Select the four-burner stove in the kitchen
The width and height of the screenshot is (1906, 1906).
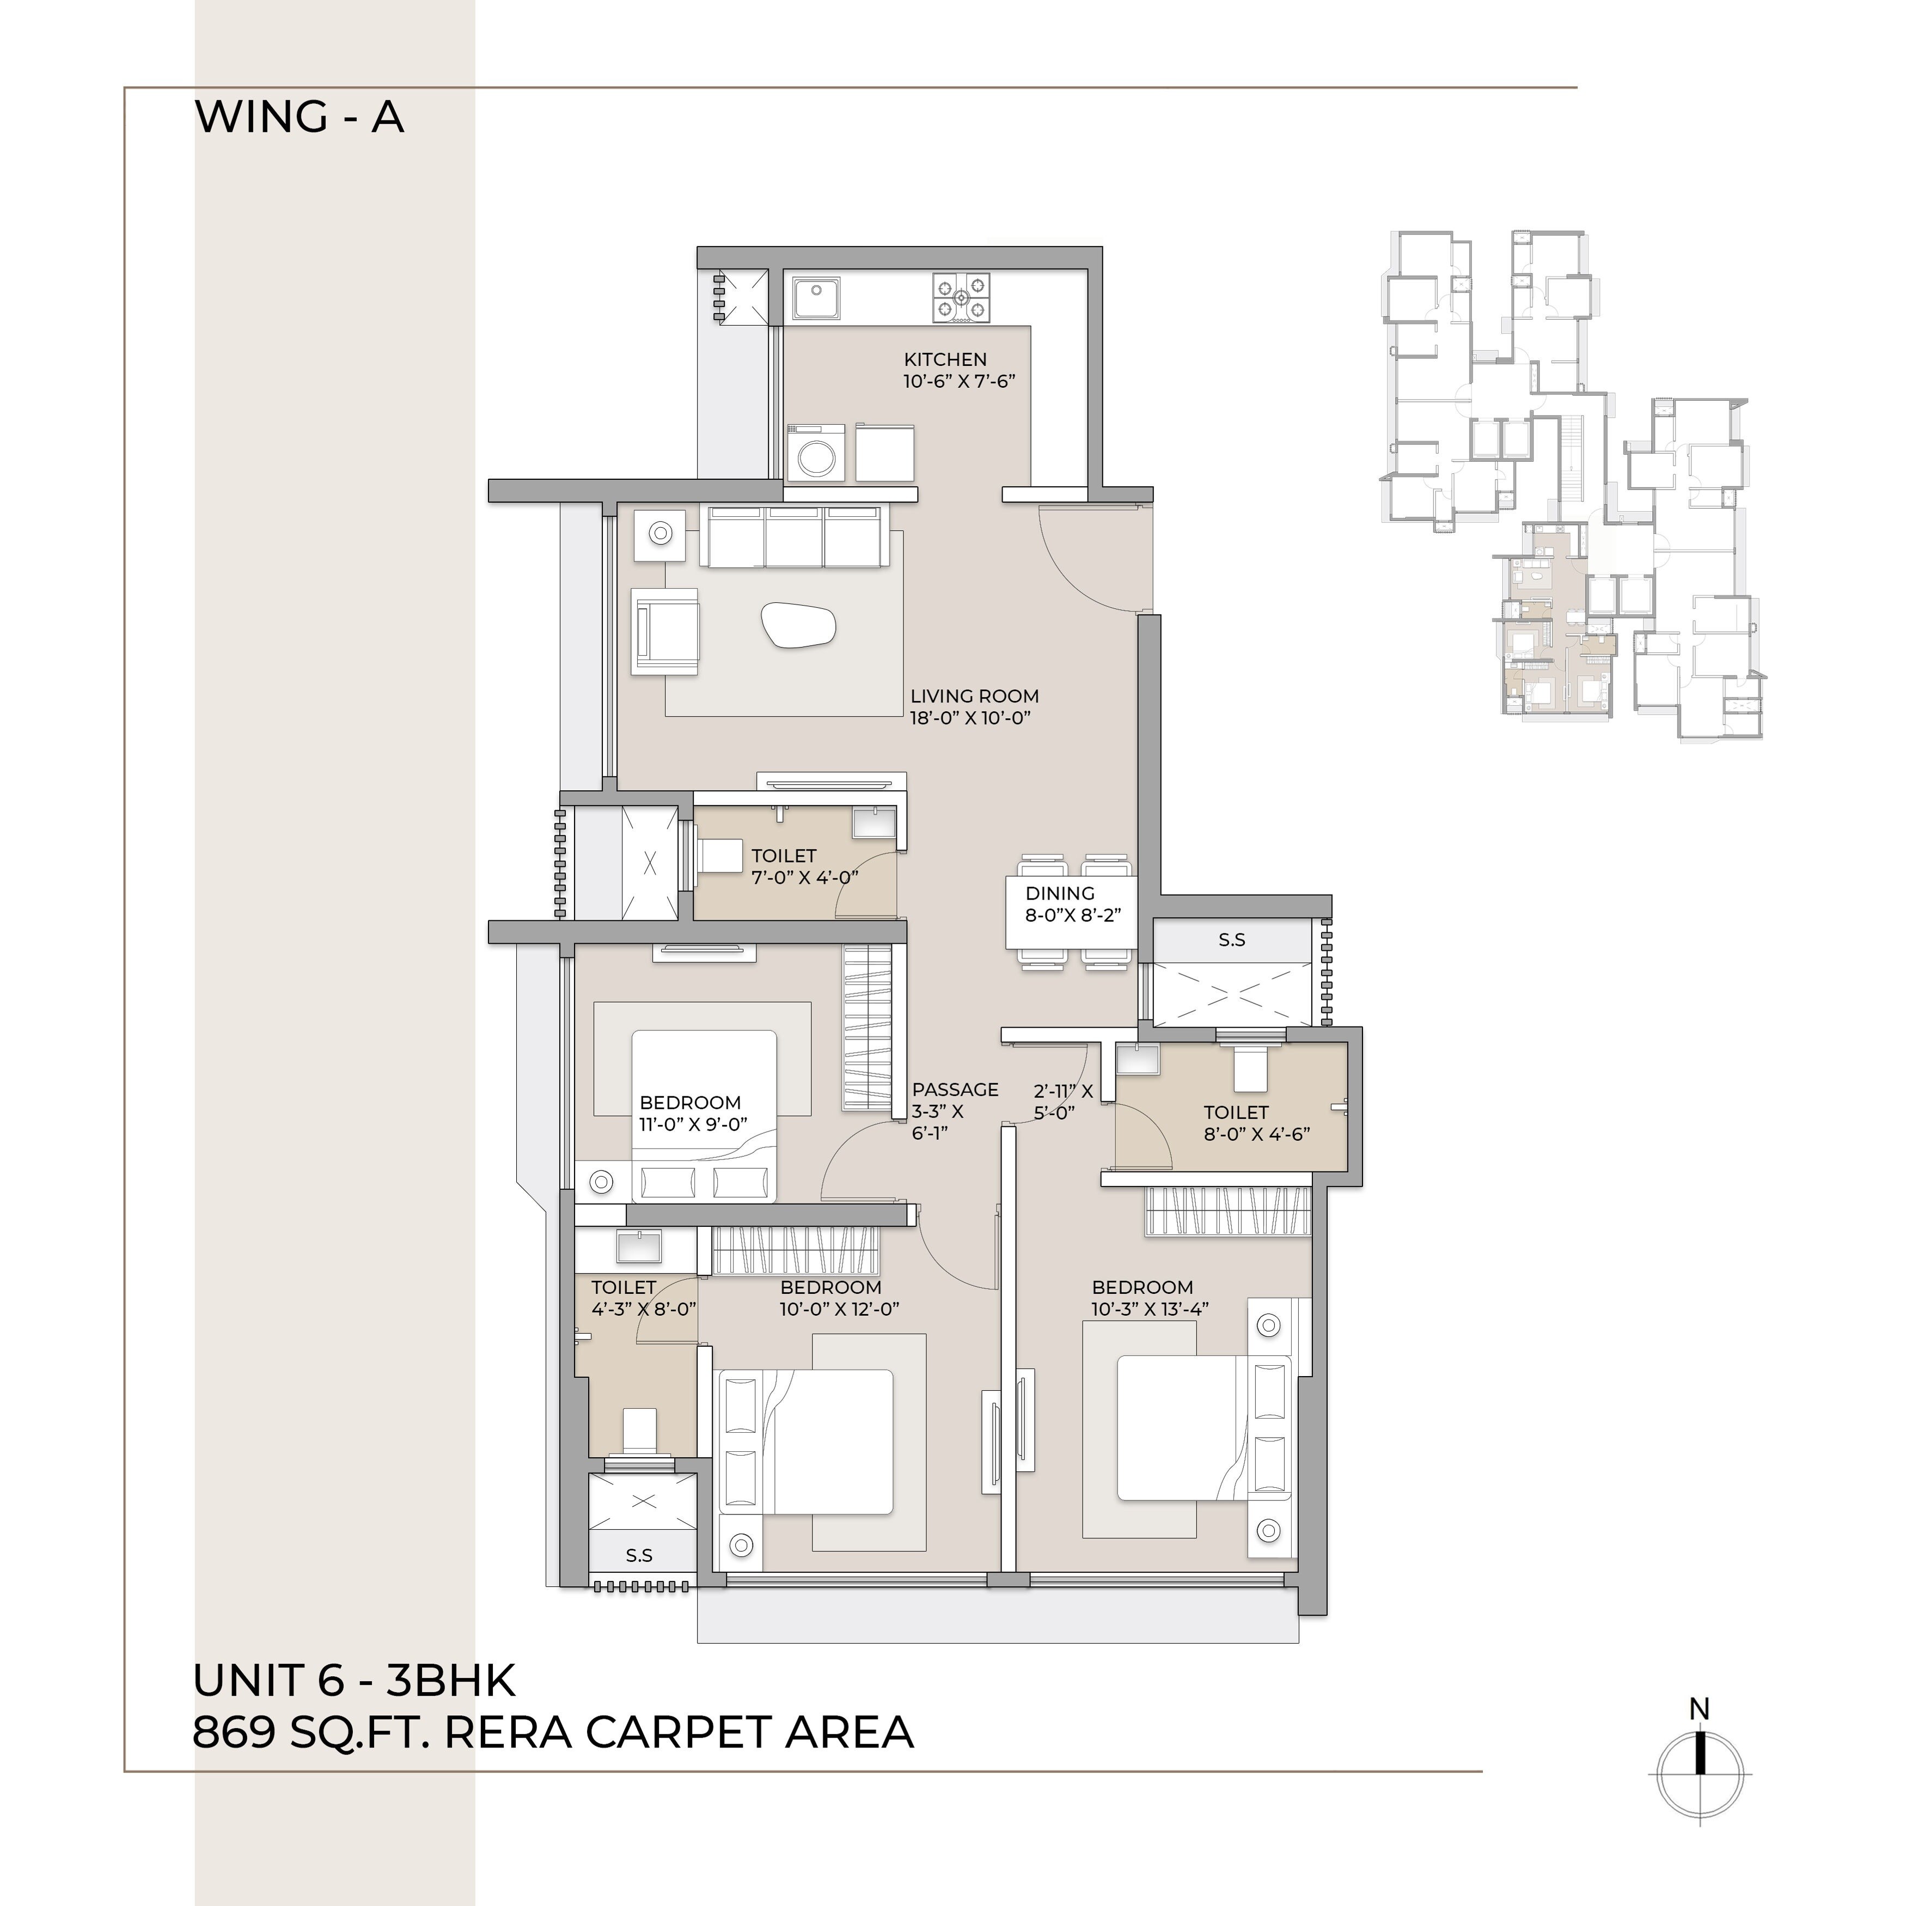click(x=961, y=298)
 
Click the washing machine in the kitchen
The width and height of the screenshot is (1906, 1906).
click(x=816, y=454)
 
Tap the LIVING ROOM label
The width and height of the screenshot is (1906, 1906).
click(x=974, y=697)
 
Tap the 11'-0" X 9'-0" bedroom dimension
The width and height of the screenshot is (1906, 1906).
click(x=694, y=1123)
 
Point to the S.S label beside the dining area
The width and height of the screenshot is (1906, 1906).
click(x=1231, y=940)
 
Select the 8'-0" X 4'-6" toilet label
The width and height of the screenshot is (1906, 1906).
click(x=1256, y=1134)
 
